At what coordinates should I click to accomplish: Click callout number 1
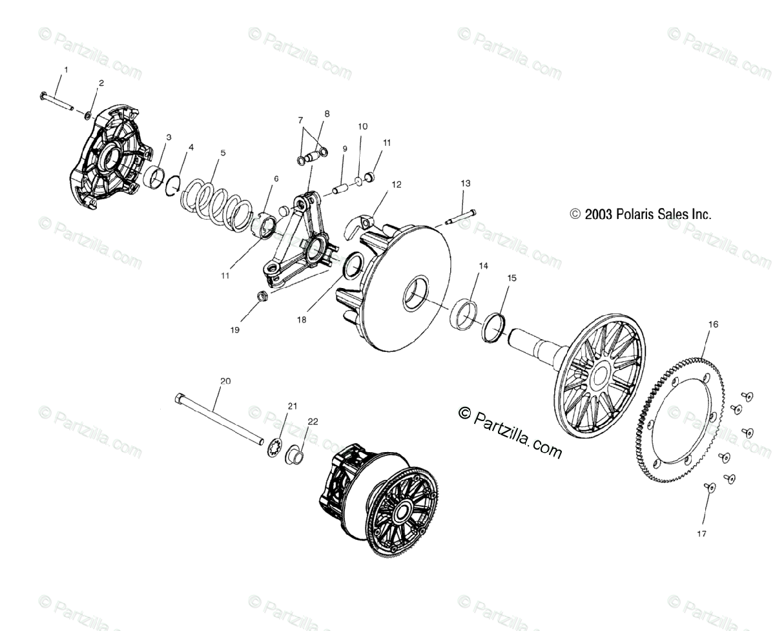[x=65, y=68]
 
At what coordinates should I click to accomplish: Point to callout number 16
[x=713, y=324]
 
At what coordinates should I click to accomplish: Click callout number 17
[x=701, y=533]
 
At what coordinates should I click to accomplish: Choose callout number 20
[x=225, y=381]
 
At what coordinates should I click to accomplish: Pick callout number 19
[x=234, y=329]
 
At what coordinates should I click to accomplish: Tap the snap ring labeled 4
[x=171, y=185]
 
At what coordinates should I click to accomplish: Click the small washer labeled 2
[x=87, y=115]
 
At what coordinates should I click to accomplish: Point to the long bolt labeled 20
[x=220, y=420]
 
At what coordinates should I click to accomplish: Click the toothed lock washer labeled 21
[x=274, y=447]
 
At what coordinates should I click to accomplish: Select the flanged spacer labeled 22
[x=295, y=455]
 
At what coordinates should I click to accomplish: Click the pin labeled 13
[x=459, y=218]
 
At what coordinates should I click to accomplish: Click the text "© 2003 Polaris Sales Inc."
[x=641, y=214]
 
